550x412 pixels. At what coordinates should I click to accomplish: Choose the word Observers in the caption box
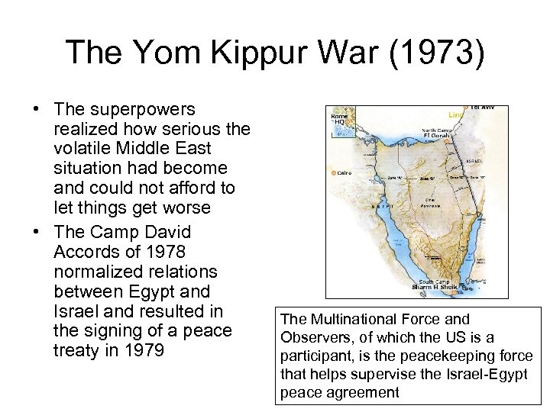click(310, 337)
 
